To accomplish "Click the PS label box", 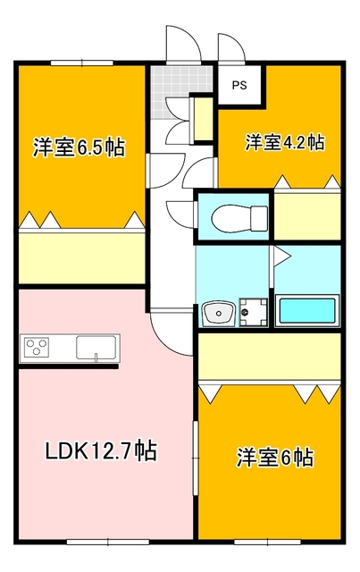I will pos(239,87).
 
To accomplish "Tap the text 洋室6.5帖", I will pos(79,147).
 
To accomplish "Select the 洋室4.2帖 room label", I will pos(285,141).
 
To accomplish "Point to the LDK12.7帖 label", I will pos(101,451).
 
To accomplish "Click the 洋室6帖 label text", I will pos(274,458).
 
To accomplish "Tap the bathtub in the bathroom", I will pos(308,311).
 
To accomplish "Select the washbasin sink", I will pos(217,313).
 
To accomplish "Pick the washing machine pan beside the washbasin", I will pos(253,312).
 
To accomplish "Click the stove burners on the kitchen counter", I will pos(38,346).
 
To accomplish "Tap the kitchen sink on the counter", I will pos(96,347).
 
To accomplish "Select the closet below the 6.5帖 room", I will pos(82,257).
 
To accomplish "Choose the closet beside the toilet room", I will pos(306,215).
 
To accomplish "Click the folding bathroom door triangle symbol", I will pos(280,258).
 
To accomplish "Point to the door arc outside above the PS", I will pos(230,47).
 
